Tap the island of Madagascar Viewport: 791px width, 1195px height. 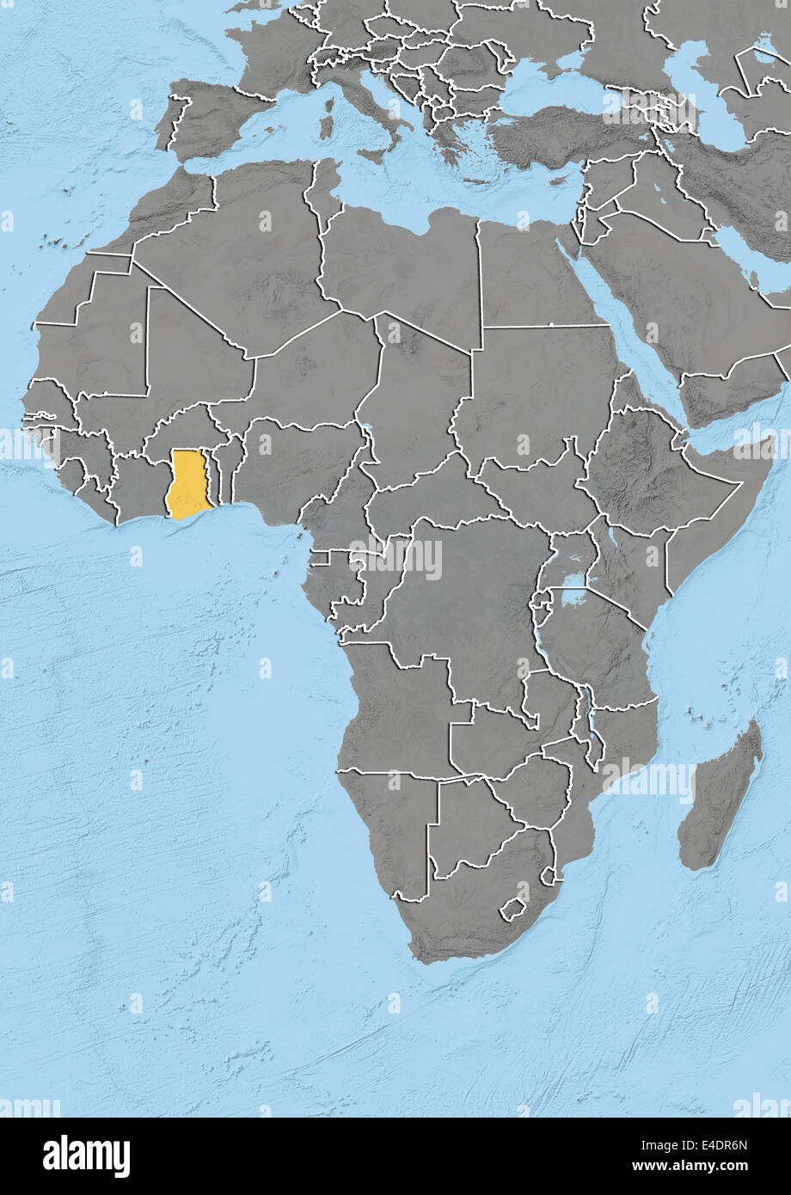pos(720,795)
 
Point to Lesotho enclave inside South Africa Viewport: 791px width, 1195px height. pos(513,910)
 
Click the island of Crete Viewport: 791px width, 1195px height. pos(472,180)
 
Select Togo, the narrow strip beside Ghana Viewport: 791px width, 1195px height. pos(218,477)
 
